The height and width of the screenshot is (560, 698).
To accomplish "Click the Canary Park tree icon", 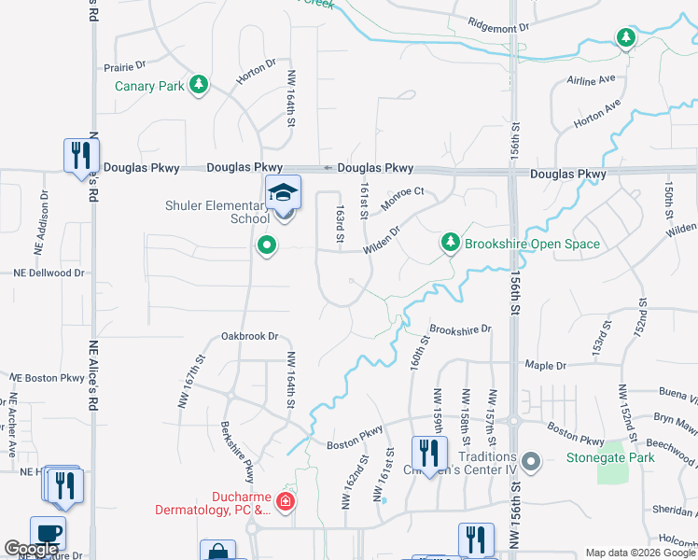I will pos(198,85).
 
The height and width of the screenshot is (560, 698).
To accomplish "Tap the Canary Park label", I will pos(148,86).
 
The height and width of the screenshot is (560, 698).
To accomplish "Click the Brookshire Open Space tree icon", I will pos(451,243).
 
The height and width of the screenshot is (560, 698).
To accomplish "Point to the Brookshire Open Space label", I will pos(533,244).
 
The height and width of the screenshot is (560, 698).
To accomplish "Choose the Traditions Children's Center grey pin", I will pos(531,461).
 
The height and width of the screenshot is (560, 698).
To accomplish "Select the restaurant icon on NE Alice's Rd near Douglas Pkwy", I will pos(81,155).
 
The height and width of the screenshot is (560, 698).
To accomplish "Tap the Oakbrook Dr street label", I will pos(250,336).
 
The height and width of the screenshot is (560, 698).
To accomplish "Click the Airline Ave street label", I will pos(592,80).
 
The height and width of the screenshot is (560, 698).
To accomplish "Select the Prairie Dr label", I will pos(125,66).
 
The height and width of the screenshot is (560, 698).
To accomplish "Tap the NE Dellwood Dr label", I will pos(49,273).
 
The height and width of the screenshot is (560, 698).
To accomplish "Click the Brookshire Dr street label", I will pos(460,329).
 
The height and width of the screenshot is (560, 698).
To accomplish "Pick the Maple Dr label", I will pos(546,364).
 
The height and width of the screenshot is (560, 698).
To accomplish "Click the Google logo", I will pos(31,549).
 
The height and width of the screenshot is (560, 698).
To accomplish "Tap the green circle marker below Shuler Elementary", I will pos(267,246).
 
